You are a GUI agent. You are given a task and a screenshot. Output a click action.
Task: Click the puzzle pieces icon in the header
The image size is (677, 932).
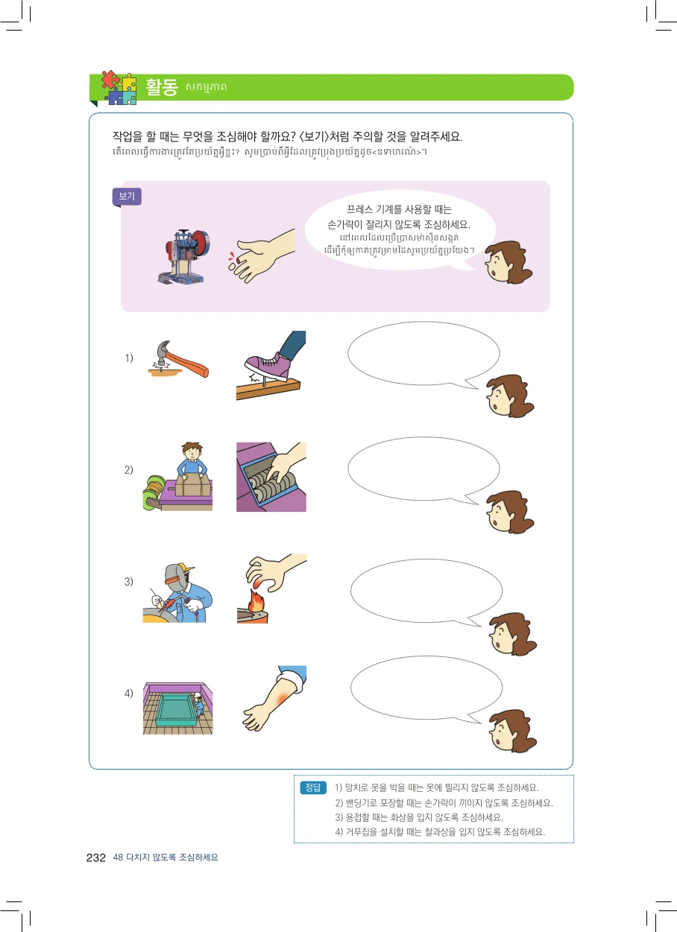119,87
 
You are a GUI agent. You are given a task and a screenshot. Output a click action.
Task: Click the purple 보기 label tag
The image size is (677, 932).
127,197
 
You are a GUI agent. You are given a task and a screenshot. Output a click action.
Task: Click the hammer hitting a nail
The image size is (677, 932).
178,359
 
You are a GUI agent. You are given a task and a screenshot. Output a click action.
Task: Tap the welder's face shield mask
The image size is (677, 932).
177,577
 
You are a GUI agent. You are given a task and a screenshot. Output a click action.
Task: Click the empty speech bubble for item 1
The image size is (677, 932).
423,355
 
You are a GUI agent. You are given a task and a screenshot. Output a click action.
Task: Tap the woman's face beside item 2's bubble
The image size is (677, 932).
508,512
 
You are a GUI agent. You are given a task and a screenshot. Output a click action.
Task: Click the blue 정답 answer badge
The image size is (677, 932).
312,787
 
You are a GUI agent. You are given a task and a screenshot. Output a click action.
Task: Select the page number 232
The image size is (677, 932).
95,857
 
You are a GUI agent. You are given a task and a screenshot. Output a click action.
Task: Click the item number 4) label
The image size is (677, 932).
129,693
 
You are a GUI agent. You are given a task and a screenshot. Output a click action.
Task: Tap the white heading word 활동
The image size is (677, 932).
162,87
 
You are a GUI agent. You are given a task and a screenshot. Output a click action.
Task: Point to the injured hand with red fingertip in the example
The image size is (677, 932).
262,256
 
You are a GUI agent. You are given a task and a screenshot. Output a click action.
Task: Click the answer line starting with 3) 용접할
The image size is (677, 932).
419,817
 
